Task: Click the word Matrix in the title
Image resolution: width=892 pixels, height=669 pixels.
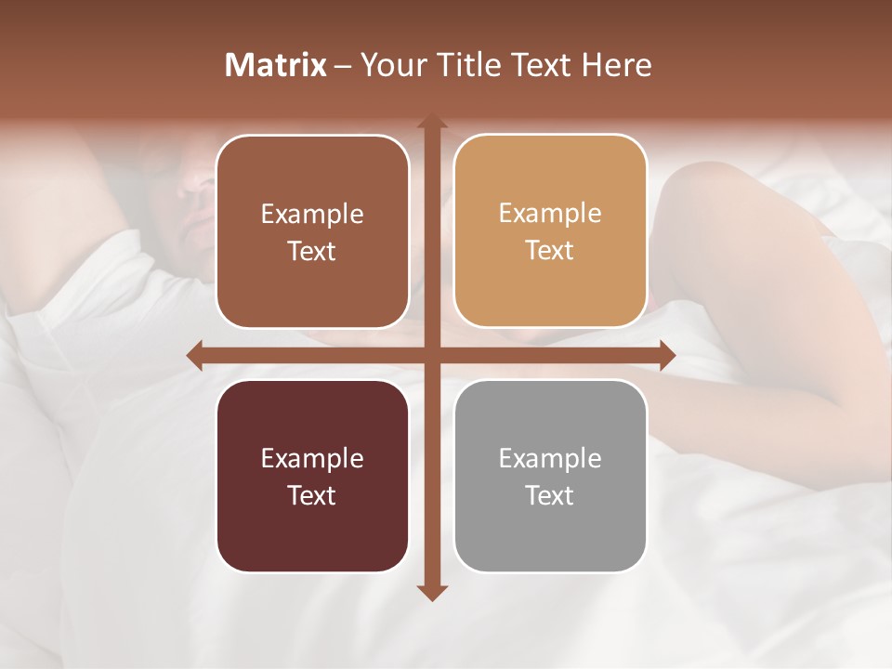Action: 276,65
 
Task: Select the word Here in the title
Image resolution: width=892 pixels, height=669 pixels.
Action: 617,65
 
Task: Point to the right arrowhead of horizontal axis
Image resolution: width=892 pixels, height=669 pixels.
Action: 666,355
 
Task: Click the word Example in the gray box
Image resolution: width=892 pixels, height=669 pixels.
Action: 550,458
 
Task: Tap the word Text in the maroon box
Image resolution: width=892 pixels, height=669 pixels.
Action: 312,495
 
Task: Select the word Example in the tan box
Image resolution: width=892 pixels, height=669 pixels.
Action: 550,214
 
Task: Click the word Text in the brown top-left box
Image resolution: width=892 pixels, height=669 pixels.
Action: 312,251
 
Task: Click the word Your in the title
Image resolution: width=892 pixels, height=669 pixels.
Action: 388,65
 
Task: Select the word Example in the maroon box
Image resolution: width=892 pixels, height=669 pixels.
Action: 312,458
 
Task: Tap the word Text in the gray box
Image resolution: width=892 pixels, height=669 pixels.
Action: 550,495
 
